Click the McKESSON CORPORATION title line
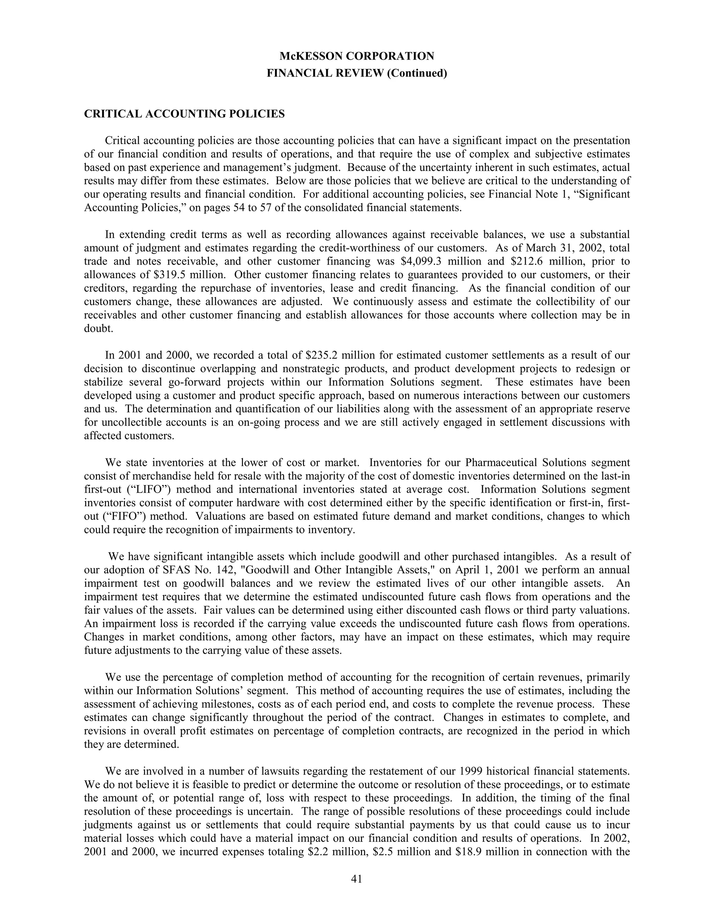[357, 56]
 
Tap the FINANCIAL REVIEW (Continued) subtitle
[357, 73]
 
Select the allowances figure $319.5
[171, 274]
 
